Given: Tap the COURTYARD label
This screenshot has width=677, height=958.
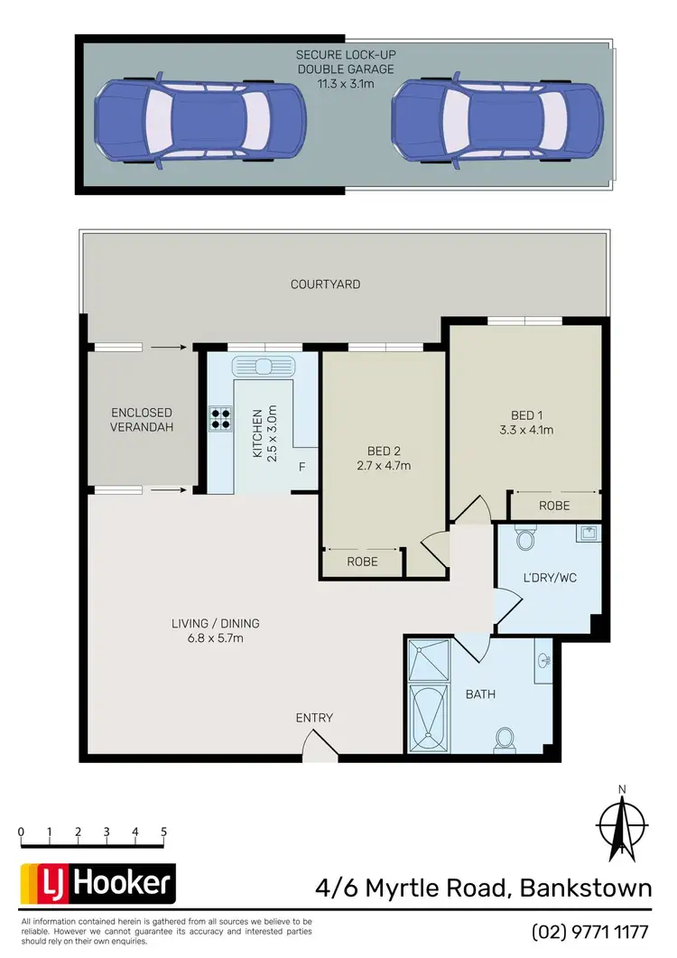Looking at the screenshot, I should click(x=325, y=284).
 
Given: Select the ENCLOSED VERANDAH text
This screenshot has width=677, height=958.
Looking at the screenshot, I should click(x=142, y=421).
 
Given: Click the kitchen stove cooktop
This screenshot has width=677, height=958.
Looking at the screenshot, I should click(x=219, y=418).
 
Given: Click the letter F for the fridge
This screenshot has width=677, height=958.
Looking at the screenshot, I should click(x=302, y=467).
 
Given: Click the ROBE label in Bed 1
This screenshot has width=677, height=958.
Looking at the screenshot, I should click(x=554, y=506).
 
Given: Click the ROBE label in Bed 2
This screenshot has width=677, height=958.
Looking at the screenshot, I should click(x=361, y=562).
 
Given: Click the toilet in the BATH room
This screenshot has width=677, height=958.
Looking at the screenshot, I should click(x=505, y=740).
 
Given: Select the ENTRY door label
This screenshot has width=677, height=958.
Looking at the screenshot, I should click(x=314, y=718).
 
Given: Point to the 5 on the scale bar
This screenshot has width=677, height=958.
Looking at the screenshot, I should click(x=163, y=832).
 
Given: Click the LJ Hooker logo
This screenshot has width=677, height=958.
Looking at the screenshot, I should click(x=97, y=882).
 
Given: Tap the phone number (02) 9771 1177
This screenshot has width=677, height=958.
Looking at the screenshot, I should click(x=591, y=931).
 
